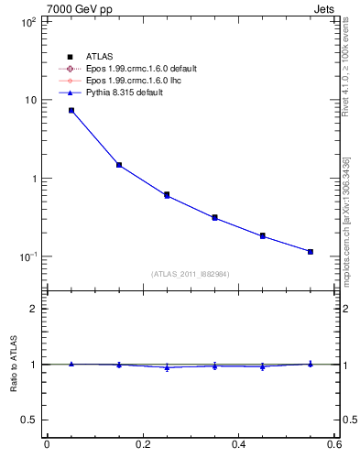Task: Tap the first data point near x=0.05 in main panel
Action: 71,110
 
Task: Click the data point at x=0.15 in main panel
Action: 119,165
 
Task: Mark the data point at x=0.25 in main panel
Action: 167,195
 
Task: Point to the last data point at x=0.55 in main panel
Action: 311,251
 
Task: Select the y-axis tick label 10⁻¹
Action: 27,256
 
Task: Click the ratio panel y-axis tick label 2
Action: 33,309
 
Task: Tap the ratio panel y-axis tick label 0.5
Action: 29,420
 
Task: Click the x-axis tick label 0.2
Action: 142,445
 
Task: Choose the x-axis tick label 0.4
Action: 238,445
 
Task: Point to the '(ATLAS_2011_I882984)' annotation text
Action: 191,273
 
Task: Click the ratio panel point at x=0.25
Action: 167,367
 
